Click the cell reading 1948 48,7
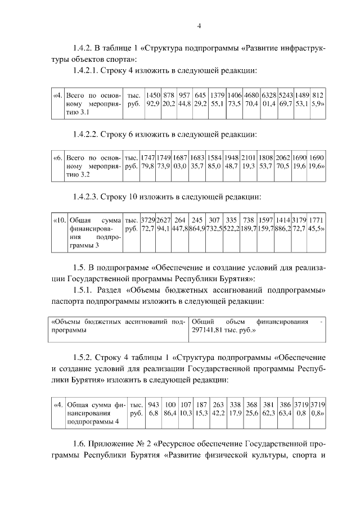[232, 163]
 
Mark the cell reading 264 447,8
[180, 226]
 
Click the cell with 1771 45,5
[317, 226]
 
